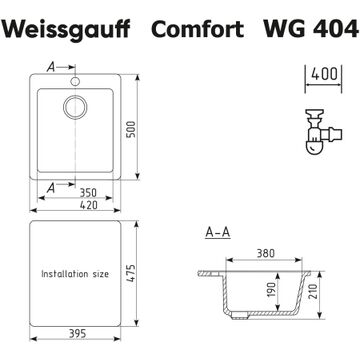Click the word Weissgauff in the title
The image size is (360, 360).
point(68,29)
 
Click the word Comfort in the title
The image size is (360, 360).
point(197,29)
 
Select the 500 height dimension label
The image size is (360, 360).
point(132,129)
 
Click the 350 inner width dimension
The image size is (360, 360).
point(88,193)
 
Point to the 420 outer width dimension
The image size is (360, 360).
point(89,205)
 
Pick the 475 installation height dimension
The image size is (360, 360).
point(131,274)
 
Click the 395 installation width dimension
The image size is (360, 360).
point(77,333)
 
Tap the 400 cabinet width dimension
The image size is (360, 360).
point(324,74)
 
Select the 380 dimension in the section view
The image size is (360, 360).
point(266,253)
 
